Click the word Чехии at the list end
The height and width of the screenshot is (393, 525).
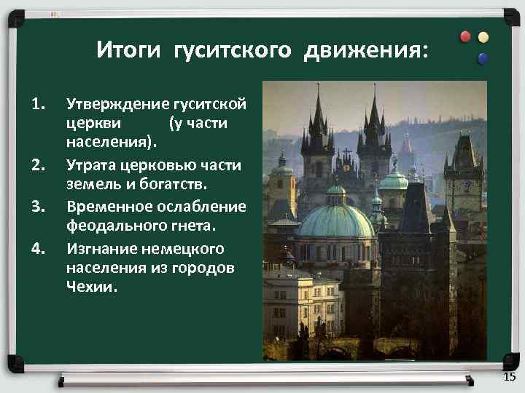[91, 287]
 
